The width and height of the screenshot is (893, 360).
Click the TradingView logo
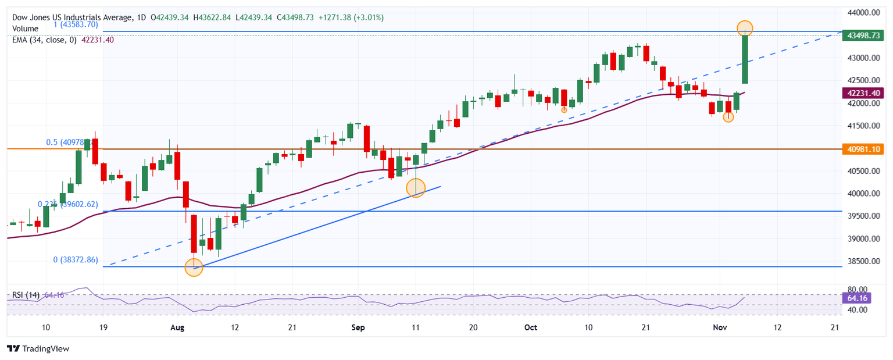pyautogui.click(x=38, y=348)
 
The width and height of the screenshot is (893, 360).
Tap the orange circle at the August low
pyautogui.click(x=194, y=267)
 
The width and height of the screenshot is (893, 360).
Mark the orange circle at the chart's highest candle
pyautogui.click(x=745, y=27)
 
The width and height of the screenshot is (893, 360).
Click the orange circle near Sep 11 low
pyautogui.click(x=416, y=187)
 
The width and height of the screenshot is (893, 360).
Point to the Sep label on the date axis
pyautogui.click(x=358, y=328)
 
